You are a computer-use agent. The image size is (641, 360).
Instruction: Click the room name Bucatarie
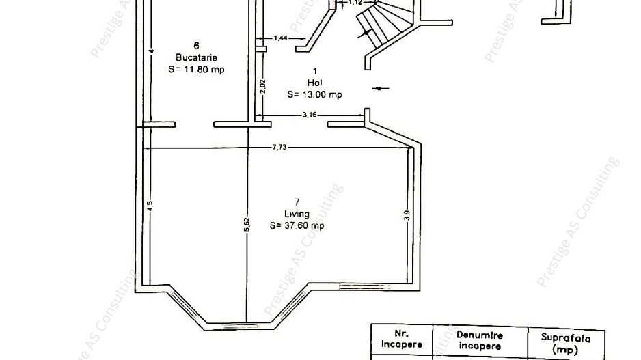196,57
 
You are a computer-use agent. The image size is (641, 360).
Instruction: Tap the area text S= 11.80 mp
197,69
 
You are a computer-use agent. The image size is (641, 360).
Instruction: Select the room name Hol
314,83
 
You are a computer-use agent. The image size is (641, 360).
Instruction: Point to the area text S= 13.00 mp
314,95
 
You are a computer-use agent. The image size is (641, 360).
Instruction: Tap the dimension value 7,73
278,148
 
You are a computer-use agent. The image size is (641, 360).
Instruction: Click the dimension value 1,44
279,38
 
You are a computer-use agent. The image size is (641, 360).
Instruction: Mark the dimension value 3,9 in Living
407,214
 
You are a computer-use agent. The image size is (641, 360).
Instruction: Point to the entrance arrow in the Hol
381,87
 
